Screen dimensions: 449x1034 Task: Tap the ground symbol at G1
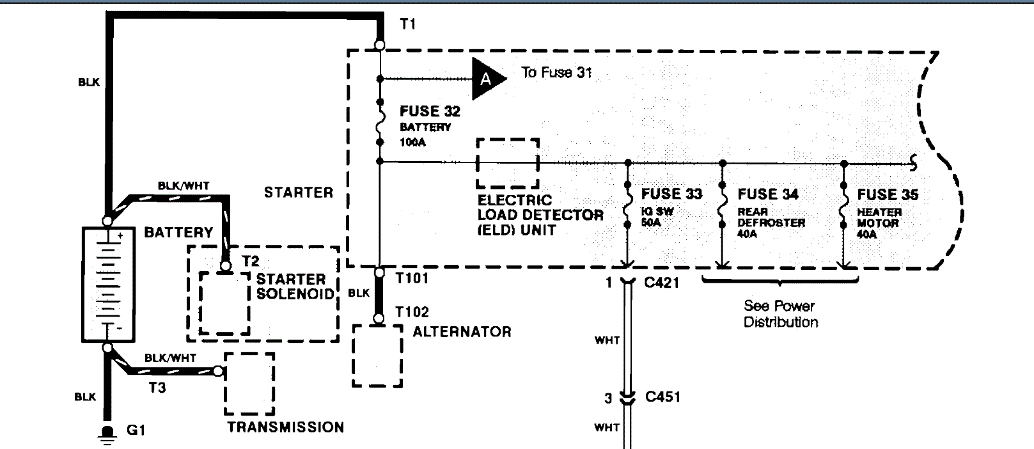click(x=108, y=434)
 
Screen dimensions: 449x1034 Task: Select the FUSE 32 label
click(x=430, y=111)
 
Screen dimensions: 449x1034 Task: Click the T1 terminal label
click(x=407, y=24)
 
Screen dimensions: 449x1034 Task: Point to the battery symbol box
click(x=107, y=284)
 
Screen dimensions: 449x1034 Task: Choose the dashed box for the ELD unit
click(x=508, y=164)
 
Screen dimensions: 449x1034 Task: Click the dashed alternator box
click(x=377, y=356)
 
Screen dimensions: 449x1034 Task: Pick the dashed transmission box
click(x=249, y=384)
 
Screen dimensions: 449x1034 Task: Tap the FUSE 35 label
click(x=888, y=194)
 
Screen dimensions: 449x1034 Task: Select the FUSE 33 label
click(x=671, y=194)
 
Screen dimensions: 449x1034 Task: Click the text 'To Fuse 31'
click(x=556, y=72)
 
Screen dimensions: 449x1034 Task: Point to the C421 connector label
click(x=662, y=282)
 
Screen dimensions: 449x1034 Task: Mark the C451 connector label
click(x=662, y=397)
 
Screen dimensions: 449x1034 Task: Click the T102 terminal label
click(x=412, y=312)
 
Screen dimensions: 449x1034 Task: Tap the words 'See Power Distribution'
click(x=780, y=313)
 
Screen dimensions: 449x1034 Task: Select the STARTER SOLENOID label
click(x=295, y=287)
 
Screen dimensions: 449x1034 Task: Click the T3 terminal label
click(x=157, y=388)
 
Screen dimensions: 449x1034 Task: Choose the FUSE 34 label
click(x=767, y=194)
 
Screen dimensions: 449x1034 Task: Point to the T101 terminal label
click(x=412, y=278)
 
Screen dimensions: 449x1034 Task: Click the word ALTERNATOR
click(x=462, y=332)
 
